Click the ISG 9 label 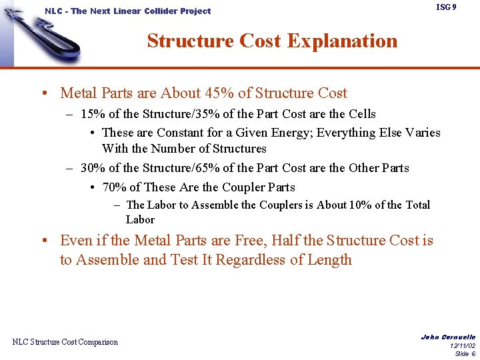tap(446, 7)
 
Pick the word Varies tap(419, 133)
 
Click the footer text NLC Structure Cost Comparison tap(65, 342)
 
